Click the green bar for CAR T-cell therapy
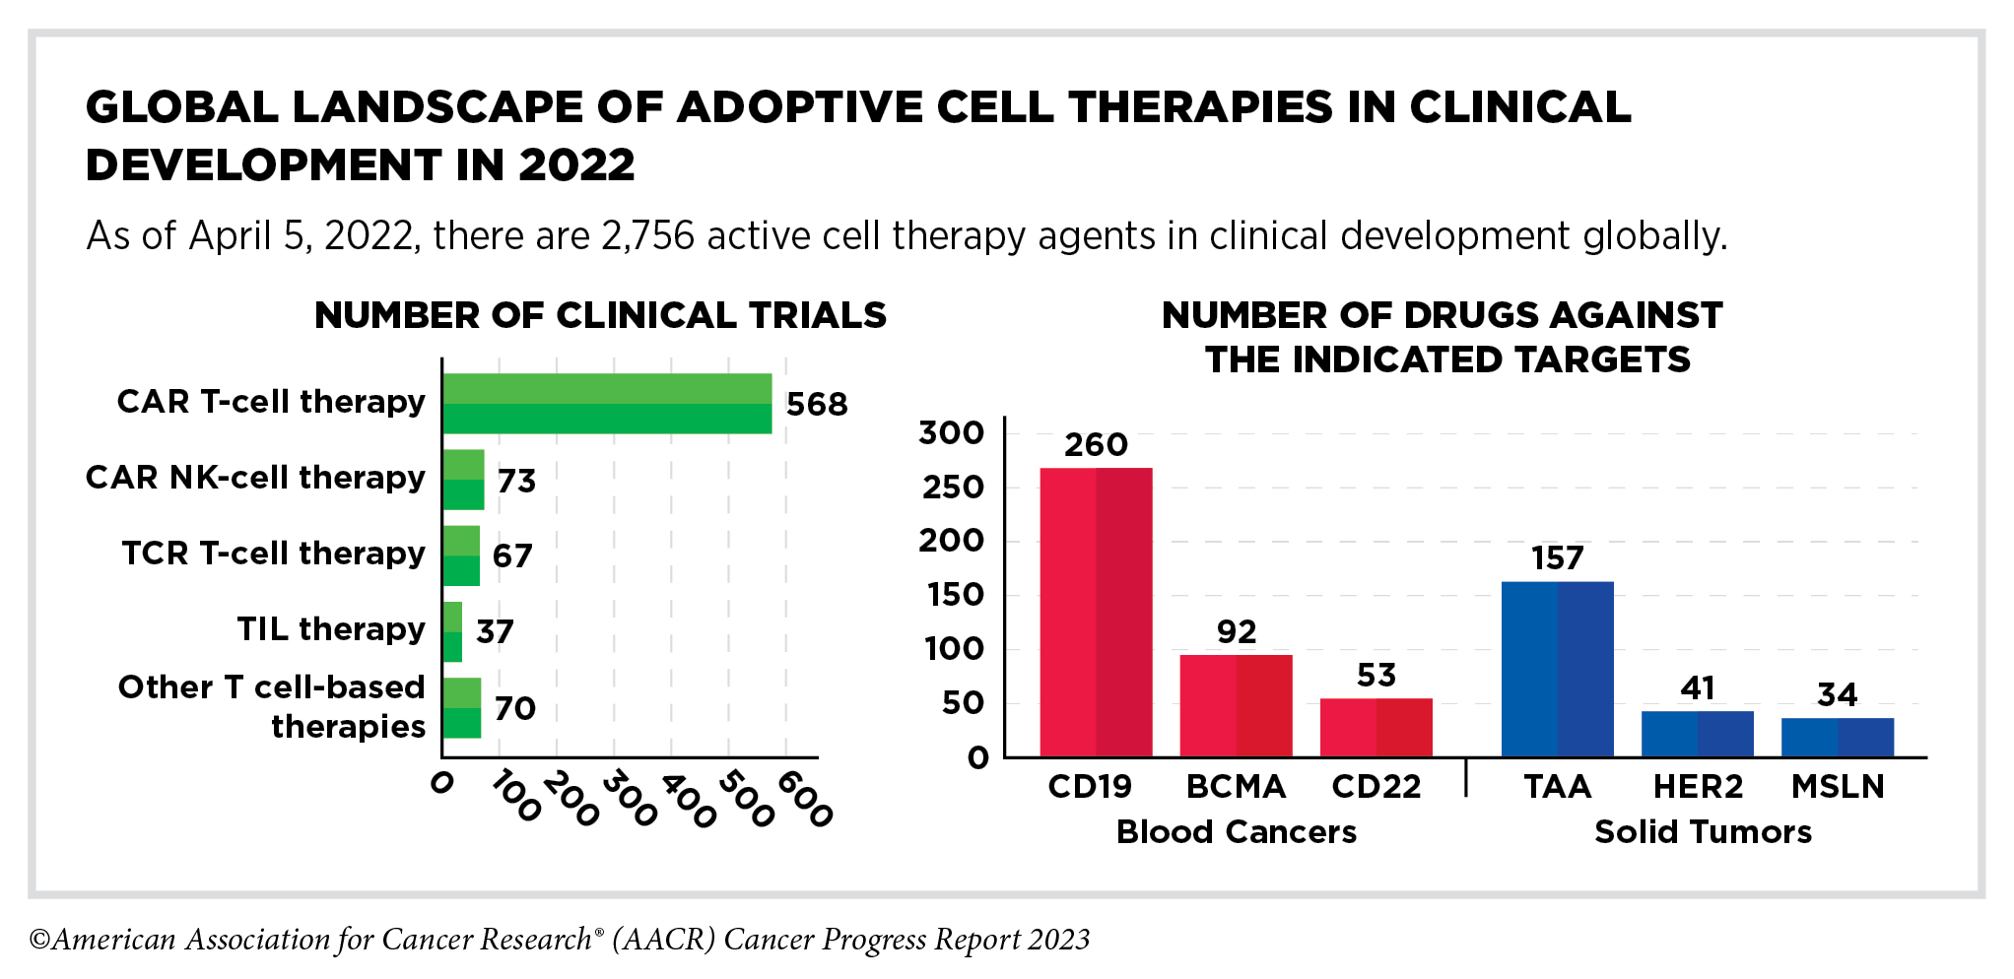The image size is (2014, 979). (x=607, y=404)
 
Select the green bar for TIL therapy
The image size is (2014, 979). (x=452, y=631)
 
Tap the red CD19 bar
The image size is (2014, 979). (x=1096, y=612)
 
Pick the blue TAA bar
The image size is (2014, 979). (x=1557, y=669)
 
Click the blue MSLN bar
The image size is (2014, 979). (x=1837, y=737)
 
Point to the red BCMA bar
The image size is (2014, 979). (x=1236, y=705)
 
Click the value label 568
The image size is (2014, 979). (x=817, y=405)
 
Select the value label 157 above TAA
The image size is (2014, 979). (x=1557, y=558)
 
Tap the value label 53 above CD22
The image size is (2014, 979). (x=1376, y=676)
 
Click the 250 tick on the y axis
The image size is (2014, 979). (x=953, y=487)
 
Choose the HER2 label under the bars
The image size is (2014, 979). (x=1698, y=787)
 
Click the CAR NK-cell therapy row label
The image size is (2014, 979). (x=255, y=478)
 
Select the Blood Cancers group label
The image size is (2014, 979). (x=1236, y=832)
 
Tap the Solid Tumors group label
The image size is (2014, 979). (x=1703, y=832)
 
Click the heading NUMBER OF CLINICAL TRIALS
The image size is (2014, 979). (x=600, y=315)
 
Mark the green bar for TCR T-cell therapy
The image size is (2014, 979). (x=461, y=555)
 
